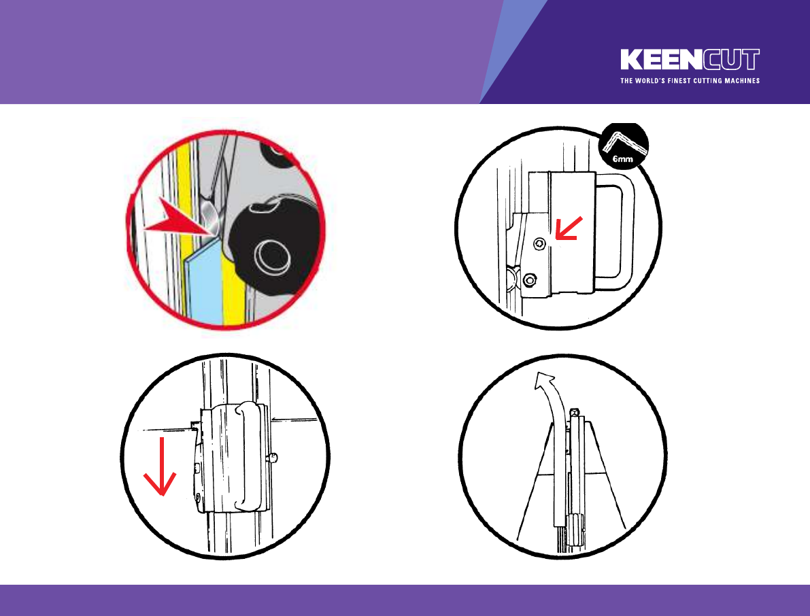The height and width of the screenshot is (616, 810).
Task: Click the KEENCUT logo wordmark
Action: (x=690, y=59)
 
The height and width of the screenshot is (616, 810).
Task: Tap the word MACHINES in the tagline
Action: (x=741, y=80)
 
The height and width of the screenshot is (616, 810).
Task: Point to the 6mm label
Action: (x=622, y=159)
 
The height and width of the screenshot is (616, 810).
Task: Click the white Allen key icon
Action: (x=624, y=142)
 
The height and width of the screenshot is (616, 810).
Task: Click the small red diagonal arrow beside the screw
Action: (x=569, y=228)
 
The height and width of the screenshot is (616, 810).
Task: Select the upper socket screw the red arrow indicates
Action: (x=539, y=243)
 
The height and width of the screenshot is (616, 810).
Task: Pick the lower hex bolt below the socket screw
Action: (x=530, y=280)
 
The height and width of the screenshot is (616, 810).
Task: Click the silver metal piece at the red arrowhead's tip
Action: (x=211, y=214)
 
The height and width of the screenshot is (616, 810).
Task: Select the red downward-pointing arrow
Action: (x=161, y=466)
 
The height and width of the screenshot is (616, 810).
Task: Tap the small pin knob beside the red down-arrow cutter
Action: (x=273, y=458)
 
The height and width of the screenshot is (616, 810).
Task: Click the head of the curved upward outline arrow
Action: (x=543, y=383)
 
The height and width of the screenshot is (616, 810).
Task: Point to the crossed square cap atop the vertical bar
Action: (x=575, y=413)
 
